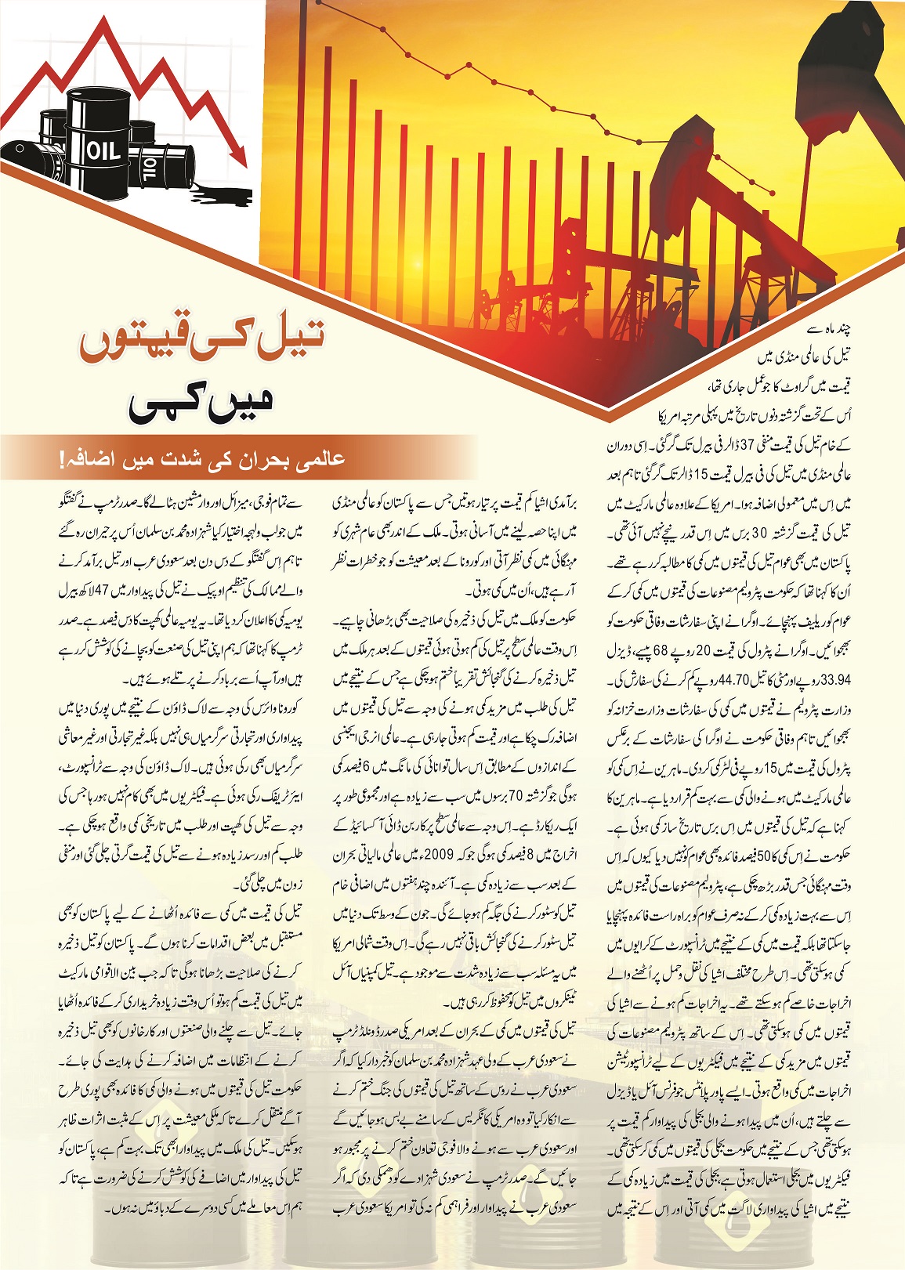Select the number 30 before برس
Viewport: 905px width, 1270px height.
point(759,533)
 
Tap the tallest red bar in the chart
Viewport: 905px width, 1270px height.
point(324,157)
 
